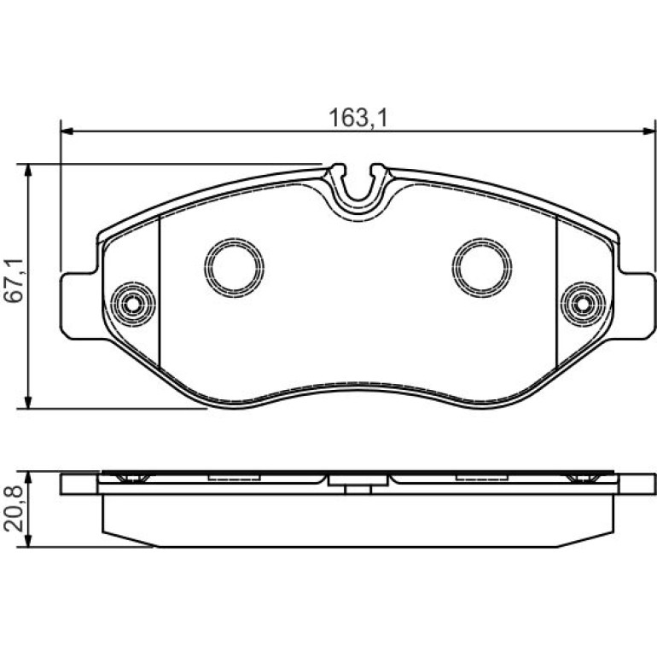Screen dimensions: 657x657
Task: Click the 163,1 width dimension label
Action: [x=358, y=118]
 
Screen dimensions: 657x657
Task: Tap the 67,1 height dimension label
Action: [x=13, y=281]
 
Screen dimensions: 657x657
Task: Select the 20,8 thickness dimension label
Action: [x=13, y=509]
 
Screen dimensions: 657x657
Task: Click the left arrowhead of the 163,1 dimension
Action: [x=67, y=131]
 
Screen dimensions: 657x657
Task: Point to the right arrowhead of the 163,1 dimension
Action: [x=648, y=131]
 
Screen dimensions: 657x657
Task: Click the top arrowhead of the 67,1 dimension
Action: [x=28, y=170]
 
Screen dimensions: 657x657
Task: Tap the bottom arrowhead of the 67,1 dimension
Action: [x=28, y=401]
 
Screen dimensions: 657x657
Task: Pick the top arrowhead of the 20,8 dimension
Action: [x=28, y=478]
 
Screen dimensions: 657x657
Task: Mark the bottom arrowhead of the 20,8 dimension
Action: [x=28, y=540]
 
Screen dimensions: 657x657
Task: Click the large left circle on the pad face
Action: [x=235, y=267]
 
